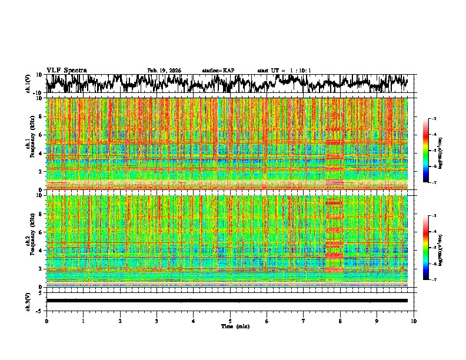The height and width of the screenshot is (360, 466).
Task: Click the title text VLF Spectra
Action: (66, 71)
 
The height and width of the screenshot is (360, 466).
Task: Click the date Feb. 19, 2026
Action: (164, 71)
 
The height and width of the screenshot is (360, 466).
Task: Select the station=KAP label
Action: (218, 71)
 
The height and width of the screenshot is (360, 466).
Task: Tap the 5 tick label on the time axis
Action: (230, 321)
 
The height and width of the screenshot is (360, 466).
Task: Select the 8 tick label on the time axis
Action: (340, 321)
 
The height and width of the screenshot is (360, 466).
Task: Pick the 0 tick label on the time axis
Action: (46, 321)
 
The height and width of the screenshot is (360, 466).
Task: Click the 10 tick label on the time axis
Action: (414, 321)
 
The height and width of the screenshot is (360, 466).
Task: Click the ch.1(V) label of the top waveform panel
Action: (28, 84)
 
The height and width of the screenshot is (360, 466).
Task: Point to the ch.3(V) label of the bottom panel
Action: (28, 301)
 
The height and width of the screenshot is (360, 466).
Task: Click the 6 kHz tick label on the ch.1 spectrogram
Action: (41, 135)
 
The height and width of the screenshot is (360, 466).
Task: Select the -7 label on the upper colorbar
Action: (434, 183)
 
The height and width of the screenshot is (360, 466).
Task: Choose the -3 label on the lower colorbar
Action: (434, 216)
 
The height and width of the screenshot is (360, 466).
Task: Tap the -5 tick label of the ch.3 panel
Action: (41, 309)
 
